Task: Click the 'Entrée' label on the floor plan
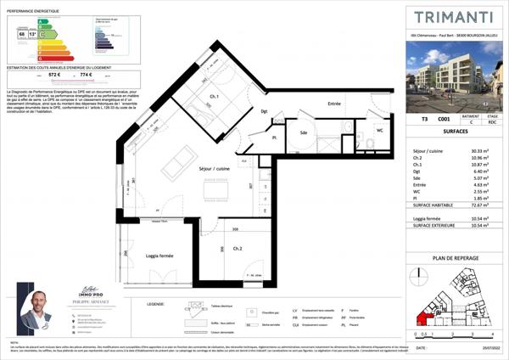tap(335, 104)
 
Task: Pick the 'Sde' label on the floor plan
tap(302, 132)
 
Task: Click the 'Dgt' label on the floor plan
tap(264, 112)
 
